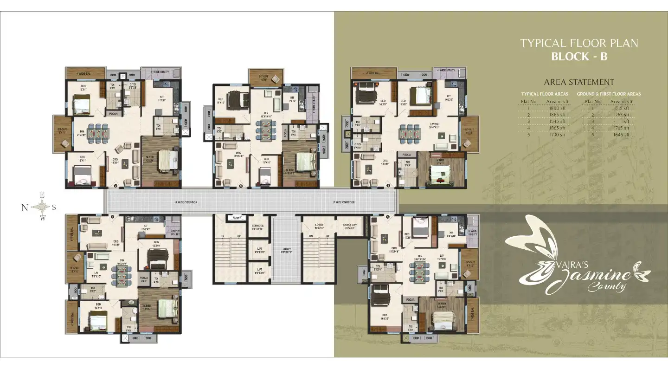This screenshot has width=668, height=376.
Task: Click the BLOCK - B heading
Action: pyautogui.click(x=579, y=57)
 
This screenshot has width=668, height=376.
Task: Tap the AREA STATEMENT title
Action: pyautogui.click(x=579, y=82)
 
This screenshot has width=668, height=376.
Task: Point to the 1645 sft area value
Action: pyautogui.click(x=620, y=135)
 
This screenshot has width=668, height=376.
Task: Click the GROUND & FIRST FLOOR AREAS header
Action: pyautogui.click(x=609, y=94)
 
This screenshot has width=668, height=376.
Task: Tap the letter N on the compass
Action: pyautogui.click(x=25, y=208)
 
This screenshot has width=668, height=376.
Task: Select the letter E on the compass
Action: pyautogui.click(x=42, y=195)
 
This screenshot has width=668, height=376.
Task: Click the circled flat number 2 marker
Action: pyautogui.click(x=115, y=187)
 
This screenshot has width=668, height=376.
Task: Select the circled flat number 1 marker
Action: pyautogui.click(x=112, y=216)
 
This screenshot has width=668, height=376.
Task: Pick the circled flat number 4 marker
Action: pyautogui.click(x=388, y=187)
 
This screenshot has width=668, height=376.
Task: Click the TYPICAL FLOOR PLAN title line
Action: pyautogui.click(x=579, y=43)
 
